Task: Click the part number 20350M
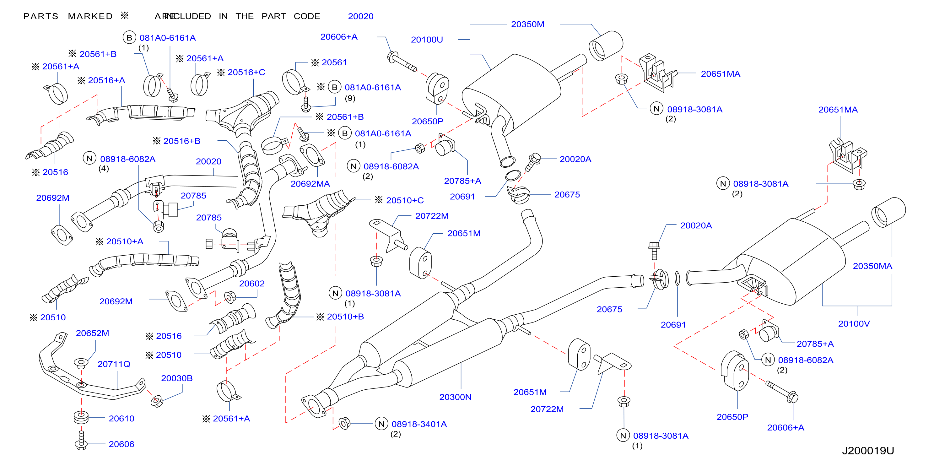pyautogui.click(x=527, y=24)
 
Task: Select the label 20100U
pyautogui.click(x=427, y=40)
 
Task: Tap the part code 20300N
pyautogui.click(x=456, y=397)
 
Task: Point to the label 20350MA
pyautogui.click(x=872, y=266)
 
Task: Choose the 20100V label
pyautogui.click(x=854, y=324)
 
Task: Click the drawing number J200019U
pyautogui.click(x=868, y=451)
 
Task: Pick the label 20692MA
pyautogui.click(x=310, y=184)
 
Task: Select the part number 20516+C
pyautogui.click(x=246, y=72)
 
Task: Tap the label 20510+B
pyautogui.click(x=345, y=317)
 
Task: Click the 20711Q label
pyautogui.click(x=114, y=364)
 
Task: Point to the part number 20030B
pyautogui.click(x=176, y=378)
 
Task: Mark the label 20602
pyautogui.click(x=251, y=284)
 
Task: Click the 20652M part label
pyautogui.click(x=92, y=333)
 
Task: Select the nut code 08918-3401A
pyautogui.click(x=419, y=424)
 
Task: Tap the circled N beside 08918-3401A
pyautogui.click(x=381, y=424)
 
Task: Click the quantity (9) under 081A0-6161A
pyautogui.click(x=350, y=98)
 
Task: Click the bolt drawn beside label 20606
pyautogui.click(x=81, y=440)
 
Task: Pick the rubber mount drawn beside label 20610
pyautogui.click(x=81, y=417)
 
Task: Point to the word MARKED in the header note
pyautogui.click(x=90, y=16)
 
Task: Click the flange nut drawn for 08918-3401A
pyautogui.click(x=344, y=423)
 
